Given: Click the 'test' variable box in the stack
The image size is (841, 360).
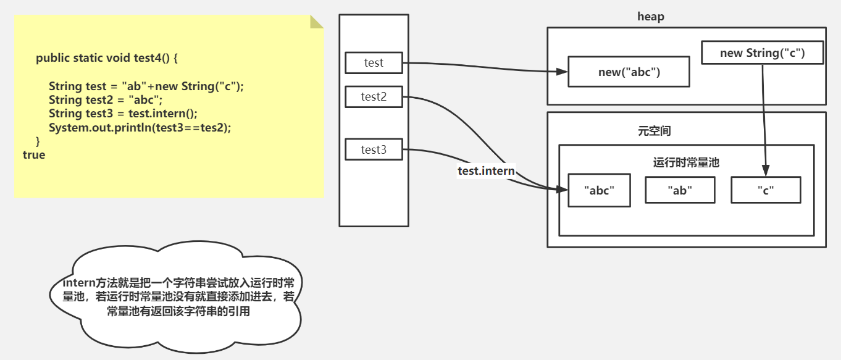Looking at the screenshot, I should coord(374,63).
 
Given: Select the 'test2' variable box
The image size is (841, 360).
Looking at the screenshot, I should coord(374,97).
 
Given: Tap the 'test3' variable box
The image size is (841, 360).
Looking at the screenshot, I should coord(374,150).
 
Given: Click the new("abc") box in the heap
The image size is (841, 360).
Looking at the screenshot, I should coord(629,72).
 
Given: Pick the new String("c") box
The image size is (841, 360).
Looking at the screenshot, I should coord(763,53).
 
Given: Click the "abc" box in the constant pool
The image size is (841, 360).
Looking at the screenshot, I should coord(599,191).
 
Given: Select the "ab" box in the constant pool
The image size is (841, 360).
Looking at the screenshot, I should coord(680,191).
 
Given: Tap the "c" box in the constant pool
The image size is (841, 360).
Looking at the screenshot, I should coord(766,191).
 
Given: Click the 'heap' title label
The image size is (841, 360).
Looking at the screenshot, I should coord(651,17).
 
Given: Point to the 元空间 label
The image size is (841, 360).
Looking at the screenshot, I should coord(655,131).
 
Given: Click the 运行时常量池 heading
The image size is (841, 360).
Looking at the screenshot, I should coord(687,163).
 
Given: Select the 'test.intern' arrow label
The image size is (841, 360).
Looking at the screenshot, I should coord(486,171).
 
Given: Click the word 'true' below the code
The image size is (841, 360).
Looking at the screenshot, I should coord(34,155).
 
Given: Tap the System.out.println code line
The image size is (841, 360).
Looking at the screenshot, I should coord(140,127).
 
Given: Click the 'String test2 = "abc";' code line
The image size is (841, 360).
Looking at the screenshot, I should coord(105,100).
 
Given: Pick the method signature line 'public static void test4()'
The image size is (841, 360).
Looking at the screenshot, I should coord(107,58).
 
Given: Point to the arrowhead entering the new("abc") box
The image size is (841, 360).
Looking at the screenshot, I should coord(561,72).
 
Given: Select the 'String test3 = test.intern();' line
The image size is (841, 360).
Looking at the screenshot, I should coord(123,114).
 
